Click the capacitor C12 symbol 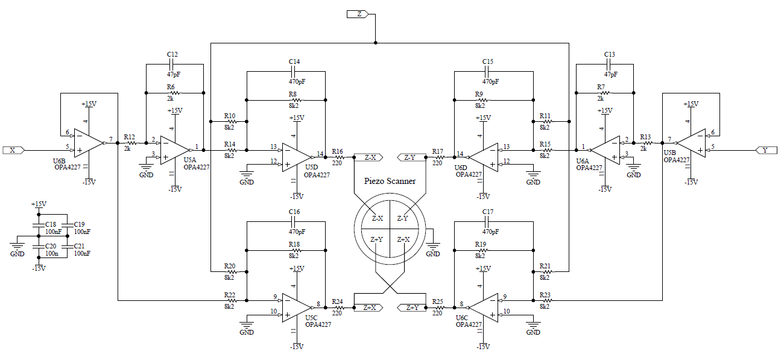[172, 64]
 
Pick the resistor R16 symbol [337, 158]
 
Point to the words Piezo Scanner [390, 181]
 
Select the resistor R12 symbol [130, 144]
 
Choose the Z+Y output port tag [412, 308]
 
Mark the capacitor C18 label [51, 224]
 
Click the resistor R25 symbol [438, 308]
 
